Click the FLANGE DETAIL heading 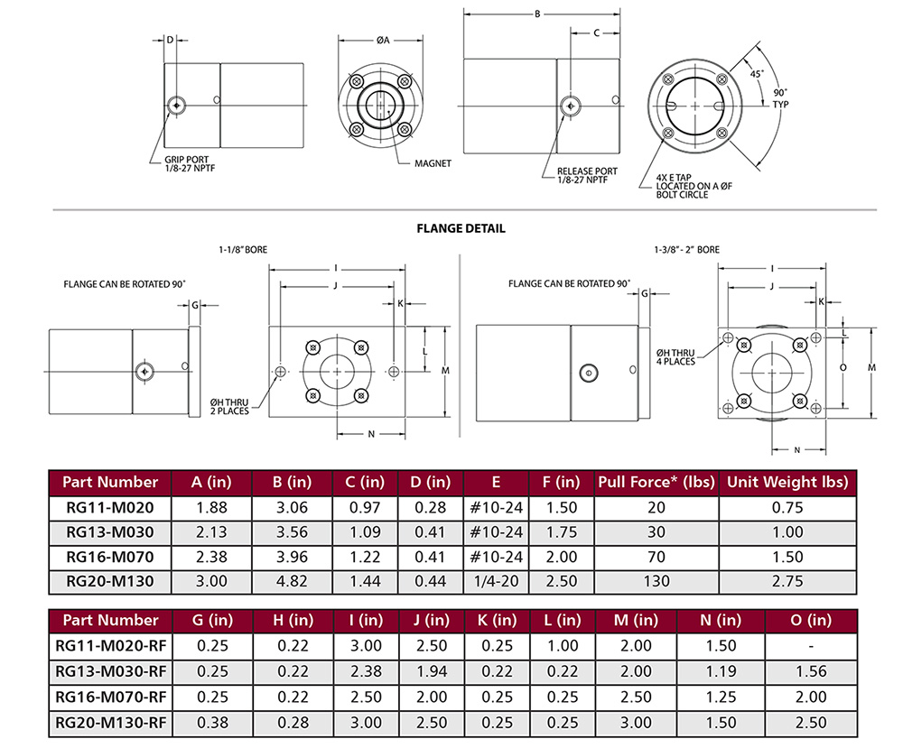[x=461, y=228]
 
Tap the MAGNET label [x=433, y=163]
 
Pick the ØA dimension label [x=382, y=40]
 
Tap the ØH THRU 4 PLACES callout [x=676, y=356]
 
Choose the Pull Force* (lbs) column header [x=656, y=482]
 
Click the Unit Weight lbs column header [x=787, y=482]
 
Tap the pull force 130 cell [x=656, y=582]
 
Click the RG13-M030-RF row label [x=109, y=670]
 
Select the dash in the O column [x=813, y=645]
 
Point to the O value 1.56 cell [x=813, y=670]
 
